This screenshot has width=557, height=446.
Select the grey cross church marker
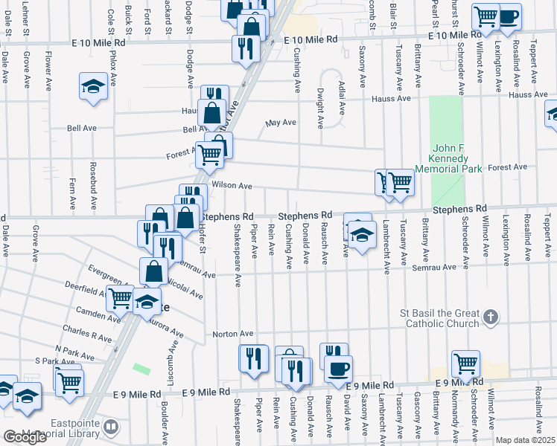tap(490, 317)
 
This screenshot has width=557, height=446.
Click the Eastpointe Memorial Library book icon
tap(111, 427)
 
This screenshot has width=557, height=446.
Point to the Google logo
tap(25, 437)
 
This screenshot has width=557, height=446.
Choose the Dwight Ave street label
tap(319, 106)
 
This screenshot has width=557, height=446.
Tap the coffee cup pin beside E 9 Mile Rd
tap(338, 369)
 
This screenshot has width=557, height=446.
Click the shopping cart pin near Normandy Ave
tap(465, 363)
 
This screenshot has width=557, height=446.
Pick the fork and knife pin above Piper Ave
tap(253, 359)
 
